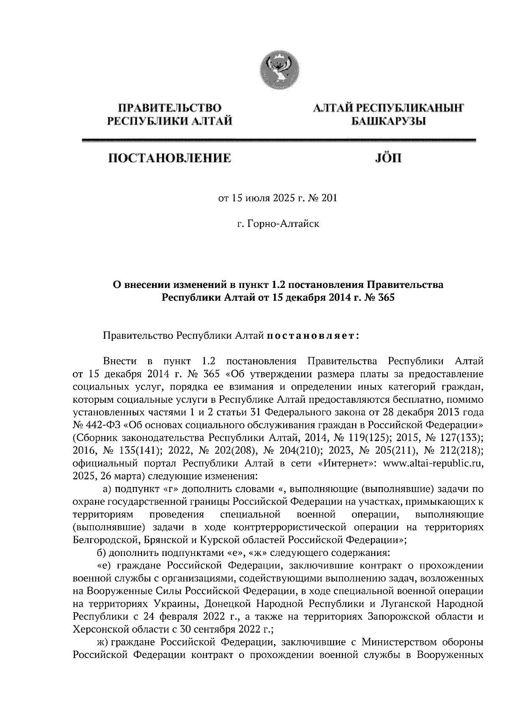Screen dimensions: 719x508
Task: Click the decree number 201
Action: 329,198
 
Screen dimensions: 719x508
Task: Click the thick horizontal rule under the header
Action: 278,140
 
